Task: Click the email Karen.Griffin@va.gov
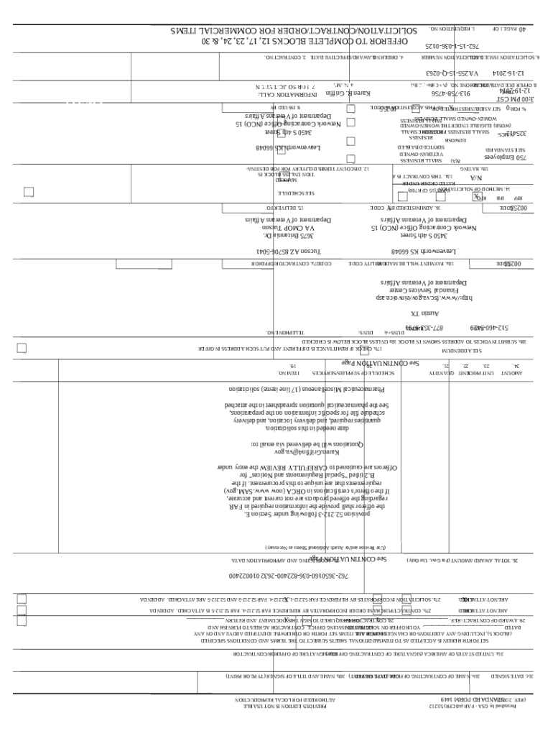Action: [x=334, y=453]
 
